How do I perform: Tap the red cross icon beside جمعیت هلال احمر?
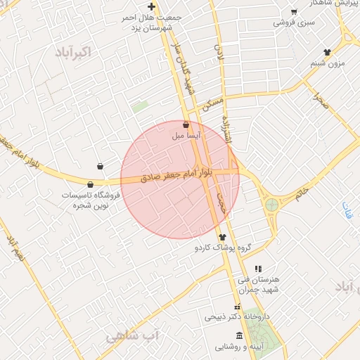151,6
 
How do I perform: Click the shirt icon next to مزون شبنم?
327,52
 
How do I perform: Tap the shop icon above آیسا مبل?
186,124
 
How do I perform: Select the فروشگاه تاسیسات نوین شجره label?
91,199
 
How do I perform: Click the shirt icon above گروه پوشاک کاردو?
223,238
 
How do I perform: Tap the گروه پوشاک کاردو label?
224,248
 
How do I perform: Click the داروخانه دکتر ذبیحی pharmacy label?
237,317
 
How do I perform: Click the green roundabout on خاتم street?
271,205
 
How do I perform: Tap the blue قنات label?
347,209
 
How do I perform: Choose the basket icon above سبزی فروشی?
294,12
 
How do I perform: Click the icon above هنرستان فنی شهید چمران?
257,269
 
